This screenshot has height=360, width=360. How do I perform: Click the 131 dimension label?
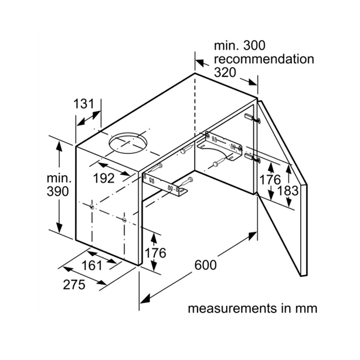[x=84, y=104]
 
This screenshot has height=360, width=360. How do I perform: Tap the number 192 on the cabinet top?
[x=104, y=178]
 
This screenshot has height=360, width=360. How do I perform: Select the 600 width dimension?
[x=205, y=265]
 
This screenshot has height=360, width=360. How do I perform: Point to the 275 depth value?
[x=74, y=285]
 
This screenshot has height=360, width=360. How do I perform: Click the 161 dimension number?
[x=92, y=266]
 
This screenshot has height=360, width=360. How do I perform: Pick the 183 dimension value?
[x=288, y=191]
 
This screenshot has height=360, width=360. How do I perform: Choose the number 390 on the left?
[x=57, y=191]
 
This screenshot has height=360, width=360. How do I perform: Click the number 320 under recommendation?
[x=225, y=72]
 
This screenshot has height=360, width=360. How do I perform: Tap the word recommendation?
[x=264, y=59]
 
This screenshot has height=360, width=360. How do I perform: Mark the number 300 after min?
[x=254, y=45]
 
